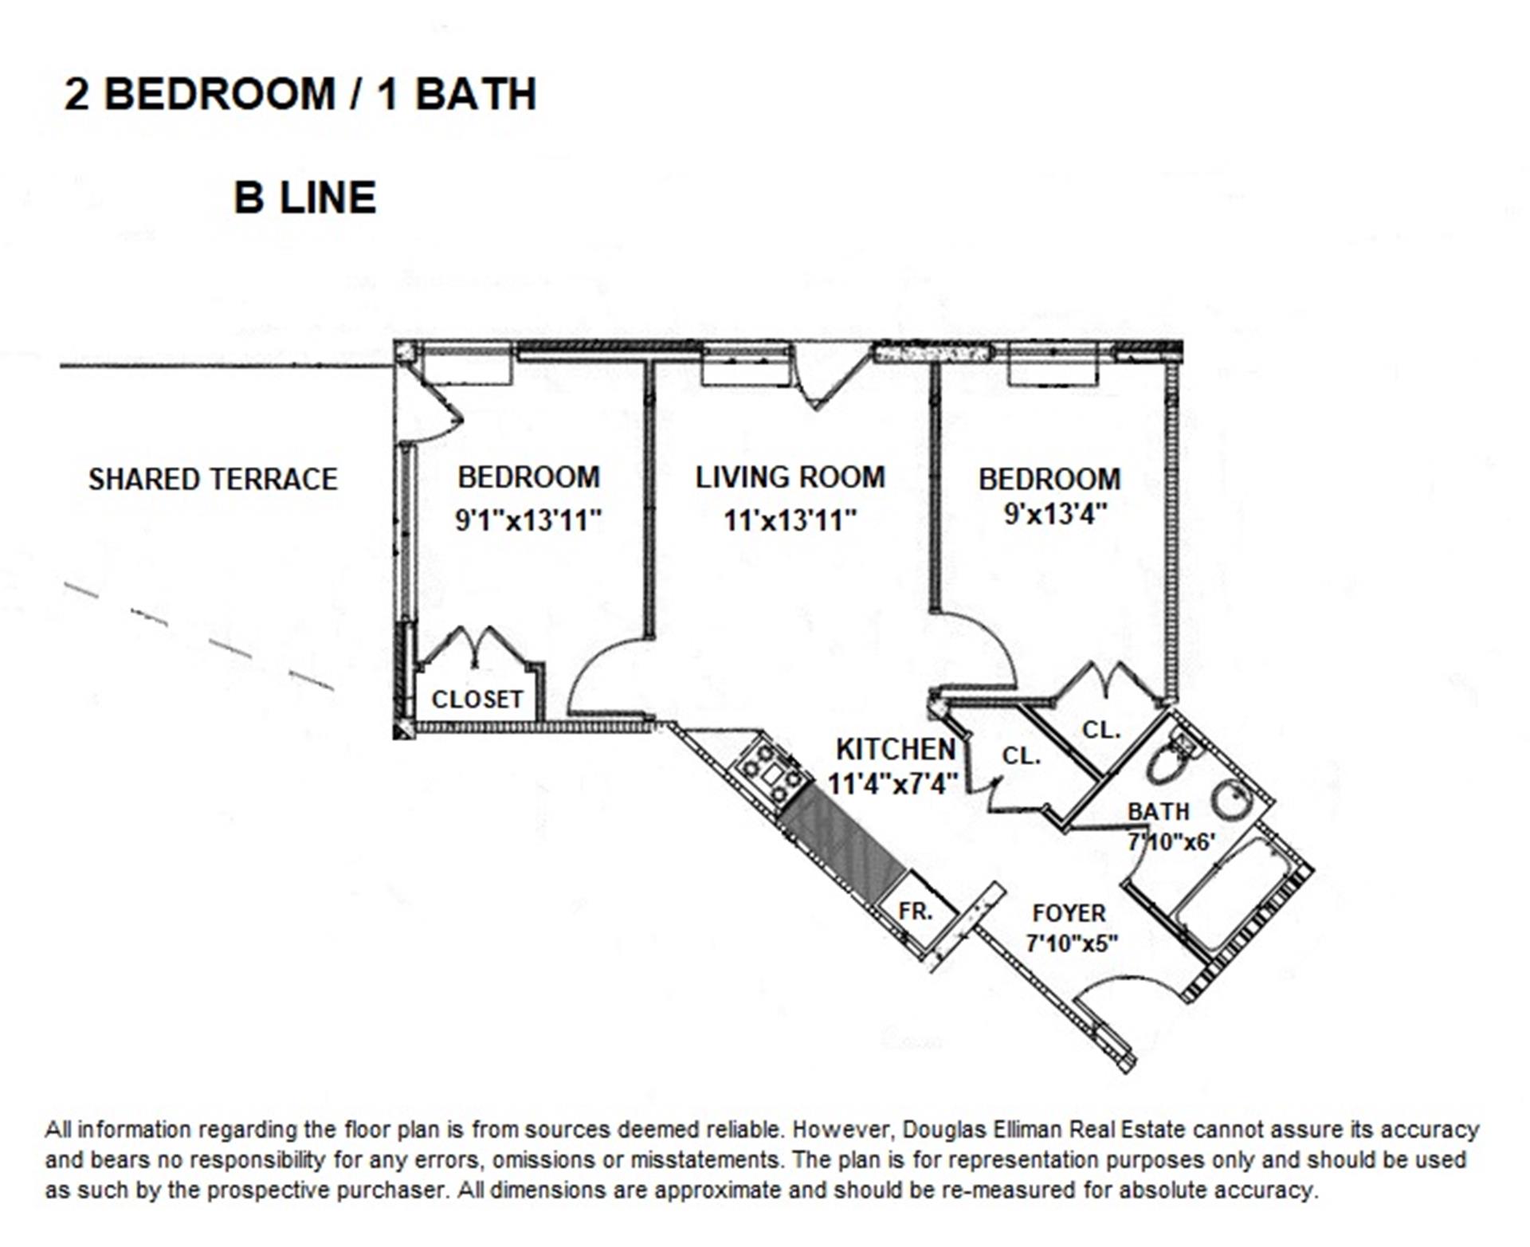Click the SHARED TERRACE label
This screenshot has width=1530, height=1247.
pos(213,479)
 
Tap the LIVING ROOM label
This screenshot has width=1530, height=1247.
pos(790,477)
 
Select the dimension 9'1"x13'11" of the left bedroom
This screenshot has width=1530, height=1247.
pos(528,520)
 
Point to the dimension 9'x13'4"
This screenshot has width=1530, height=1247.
pos(1055,514)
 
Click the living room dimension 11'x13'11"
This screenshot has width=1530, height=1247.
pos(790,520)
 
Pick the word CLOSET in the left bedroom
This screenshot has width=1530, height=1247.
pos(477,699)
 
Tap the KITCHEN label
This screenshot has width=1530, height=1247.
pos(896,749)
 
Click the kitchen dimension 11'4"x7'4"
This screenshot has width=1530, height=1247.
pos(892,784)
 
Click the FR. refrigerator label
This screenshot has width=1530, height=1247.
pos(915,911)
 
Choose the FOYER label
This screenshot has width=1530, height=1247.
pos(1069,913)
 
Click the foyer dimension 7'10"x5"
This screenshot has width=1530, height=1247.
pos(1071,943)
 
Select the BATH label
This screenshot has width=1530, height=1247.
pos(1158,811)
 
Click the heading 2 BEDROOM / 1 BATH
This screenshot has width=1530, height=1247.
pos(300,94)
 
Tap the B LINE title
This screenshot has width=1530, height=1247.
pos(304,198)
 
